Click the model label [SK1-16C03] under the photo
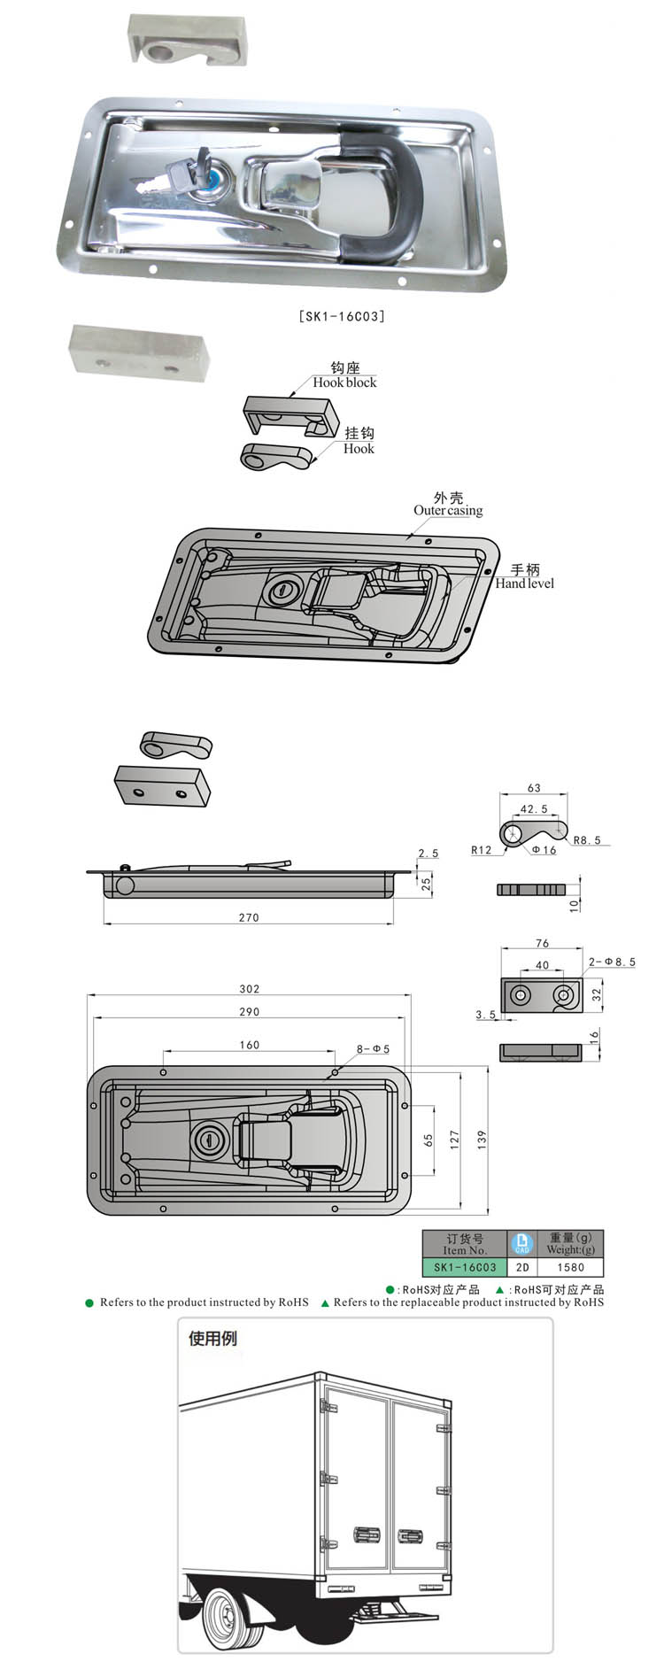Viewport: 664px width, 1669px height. [342, 315]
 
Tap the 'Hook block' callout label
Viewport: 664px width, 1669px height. [344, 382]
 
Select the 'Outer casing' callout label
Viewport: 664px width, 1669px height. [448, 510]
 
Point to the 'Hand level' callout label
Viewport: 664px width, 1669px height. [525, 583]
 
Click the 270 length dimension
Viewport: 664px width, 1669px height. [249, 917]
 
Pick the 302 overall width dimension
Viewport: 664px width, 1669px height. [250, 989]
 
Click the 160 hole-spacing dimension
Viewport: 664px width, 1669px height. [250, 1045]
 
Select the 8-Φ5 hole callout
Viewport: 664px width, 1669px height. [373, 1049]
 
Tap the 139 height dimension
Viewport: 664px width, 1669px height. [482, 1140]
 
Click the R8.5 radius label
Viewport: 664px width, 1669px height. [587, 840]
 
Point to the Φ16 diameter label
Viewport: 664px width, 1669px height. [544, 850]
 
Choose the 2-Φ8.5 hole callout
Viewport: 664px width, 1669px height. [612, 962]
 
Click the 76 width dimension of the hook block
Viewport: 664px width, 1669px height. [543, 943]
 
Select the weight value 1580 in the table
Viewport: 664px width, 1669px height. [571, 1267]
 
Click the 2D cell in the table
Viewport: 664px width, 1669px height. [522, 1267]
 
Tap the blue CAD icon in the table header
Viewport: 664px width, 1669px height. [522, 1243]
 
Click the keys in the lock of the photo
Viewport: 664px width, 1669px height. [167, 174]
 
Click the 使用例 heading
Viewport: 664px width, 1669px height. [212, 1338]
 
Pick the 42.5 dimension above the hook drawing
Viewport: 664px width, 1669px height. [534, 808]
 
